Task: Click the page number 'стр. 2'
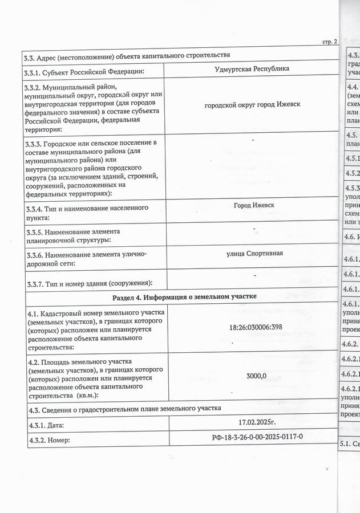tap(330, 42)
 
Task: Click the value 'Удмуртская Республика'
tap(252, 69)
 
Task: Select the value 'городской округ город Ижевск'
tap(252, 104)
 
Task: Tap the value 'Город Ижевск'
tap(253, 205)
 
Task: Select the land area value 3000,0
tap(256, 376)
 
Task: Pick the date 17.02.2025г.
tap(257, 422)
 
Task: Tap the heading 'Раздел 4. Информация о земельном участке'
tap(184, 297)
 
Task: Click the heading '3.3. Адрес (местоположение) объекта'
tap(127, 55)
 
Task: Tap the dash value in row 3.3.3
tap(253, 140)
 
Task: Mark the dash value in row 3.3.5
tap(254, 229)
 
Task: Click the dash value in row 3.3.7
tap(254, 275)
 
